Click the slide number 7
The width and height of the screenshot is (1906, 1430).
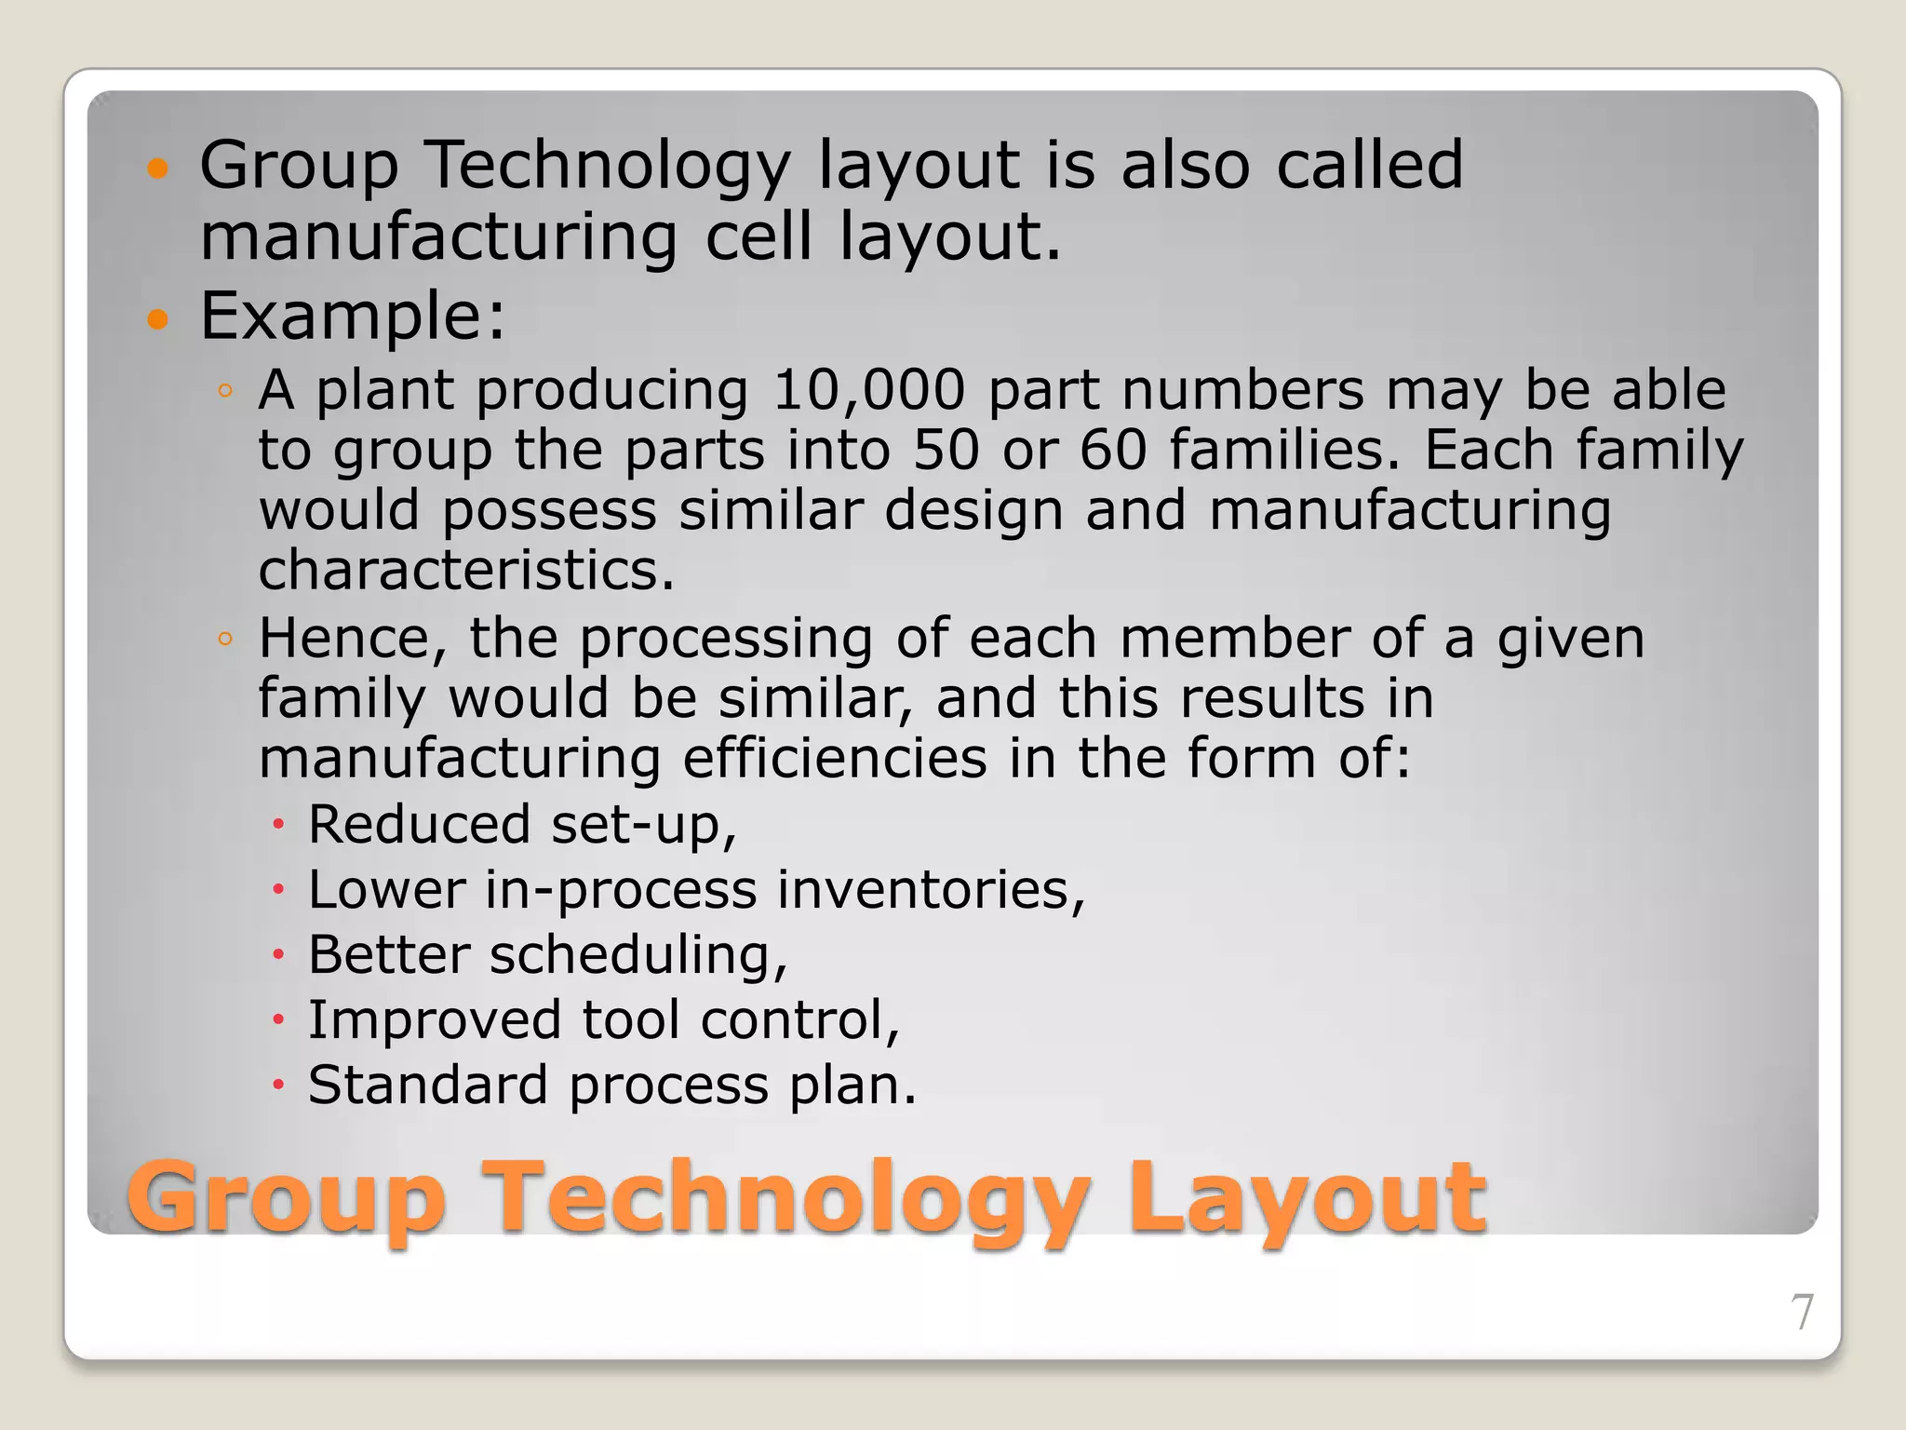1802,1313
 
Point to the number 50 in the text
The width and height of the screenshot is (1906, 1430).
946,450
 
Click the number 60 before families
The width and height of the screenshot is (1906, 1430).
1113,450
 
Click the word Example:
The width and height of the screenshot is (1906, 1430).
353,316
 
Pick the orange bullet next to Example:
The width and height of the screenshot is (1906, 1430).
158,319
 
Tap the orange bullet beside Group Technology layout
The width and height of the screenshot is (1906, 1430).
158,169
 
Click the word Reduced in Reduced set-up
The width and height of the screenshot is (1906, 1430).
419,825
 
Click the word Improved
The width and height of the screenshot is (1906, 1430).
435,1020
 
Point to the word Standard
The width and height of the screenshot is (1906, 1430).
427,1086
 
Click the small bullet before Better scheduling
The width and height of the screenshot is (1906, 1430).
277,955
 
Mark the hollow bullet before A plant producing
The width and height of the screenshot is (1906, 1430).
224,391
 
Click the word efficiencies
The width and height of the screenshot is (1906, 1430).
835,758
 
